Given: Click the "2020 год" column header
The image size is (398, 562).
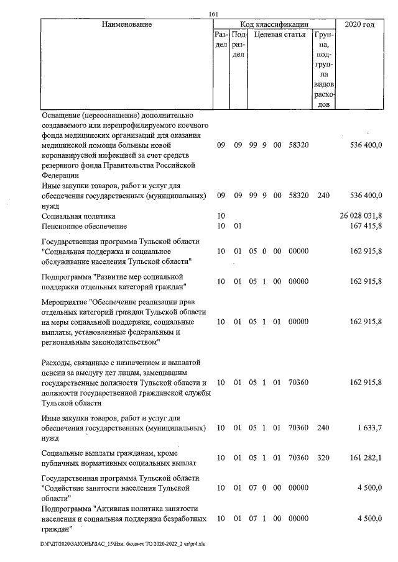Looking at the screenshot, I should point(359,25).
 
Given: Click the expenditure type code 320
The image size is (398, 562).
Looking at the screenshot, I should point(323,458).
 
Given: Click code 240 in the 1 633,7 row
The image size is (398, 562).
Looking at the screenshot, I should point(323,428).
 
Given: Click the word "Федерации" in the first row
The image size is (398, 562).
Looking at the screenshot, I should point(60,175).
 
